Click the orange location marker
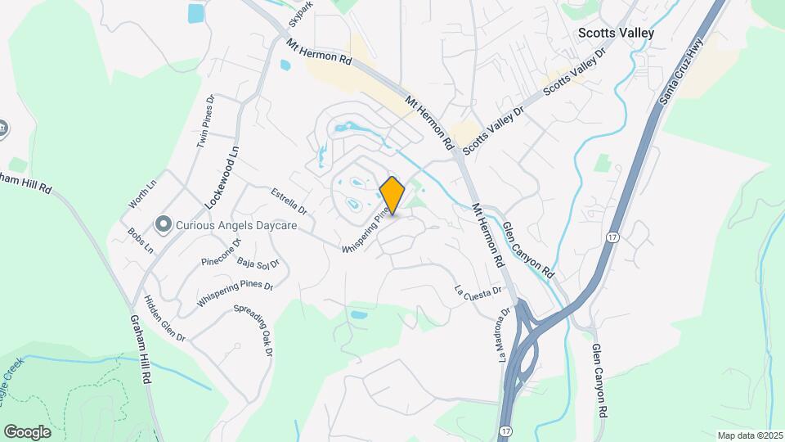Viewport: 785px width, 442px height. pos(392,195)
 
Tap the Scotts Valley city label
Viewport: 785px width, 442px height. pos(616,33)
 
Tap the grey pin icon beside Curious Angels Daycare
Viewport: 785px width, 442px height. pos(164,223)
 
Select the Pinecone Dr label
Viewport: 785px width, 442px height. pos(221,253)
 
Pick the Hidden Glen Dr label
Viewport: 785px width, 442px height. pos(164,319)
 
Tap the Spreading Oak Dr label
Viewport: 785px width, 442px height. pos(253,330)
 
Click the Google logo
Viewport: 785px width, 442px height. pos(27,432)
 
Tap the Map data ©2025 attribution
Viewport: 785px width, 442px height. pos(749,435)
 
